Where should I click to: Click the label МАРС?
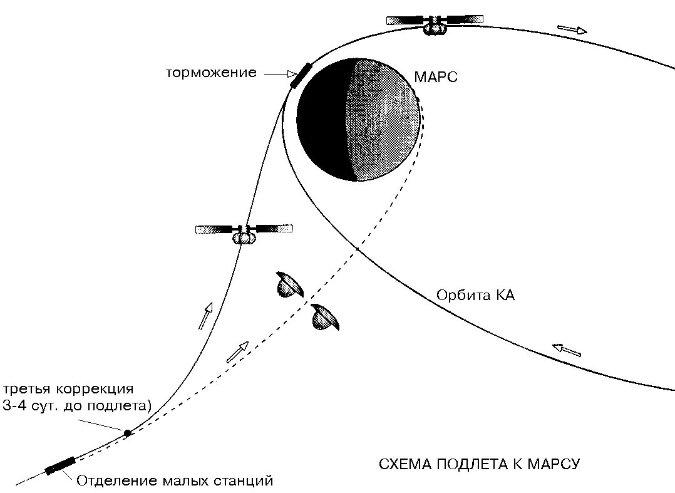[436, 77]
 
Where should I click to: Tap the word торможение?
[211, 73]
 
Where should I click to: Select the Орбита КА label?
[476, 295]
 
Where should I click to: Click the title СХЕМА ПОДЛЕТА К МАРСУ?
[480, 464]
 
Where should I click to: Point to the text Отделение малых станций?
[175, 481]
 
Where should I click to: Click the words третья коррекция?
[68, 388]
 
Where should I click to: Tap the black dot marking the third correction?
[127, 433]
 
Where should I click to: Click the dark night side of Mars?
[321, 119]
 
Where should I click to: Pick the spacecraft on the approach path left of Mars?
[244, 232]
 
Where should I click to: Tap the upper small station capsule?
[289, 284]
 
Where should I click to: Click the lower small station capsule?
[326, 316]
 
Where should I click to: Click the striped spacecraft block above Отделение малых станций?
[60, 466]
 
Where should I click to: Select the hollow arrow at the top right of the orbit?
[572, 29]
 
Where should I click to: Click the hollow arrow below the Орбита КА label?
[567, 350]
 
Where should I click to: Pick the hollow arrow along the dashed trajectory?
[237, 351]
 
